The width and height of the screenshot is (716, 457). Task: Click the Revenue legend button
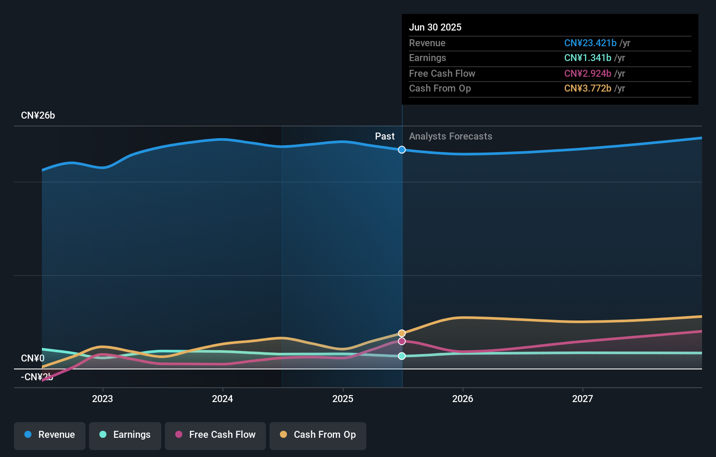(50, 435)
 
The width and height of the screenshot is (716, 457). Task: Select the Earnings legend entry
(125, 435)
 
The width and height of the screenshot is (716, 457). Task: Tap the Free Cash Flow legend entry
(215, 435)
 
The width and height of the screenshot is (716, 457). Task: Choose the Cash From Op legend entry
(318, 435)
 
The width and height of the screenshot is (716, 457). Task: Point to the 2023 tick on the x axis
(102, 399)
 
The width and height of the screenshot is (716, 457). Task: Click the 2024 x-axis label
(222, 399)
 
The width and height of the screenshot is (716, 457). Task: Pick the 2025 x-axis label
(343, 399)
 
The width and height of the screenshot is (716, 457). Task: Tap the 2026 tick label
(463, 399)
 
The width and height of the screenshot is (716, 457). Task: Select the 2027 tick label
(583, 399)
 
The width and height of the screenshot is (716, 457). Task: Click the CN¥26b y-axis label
(38, 116)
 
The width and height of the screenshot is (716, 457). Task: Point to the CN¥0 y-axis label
(33, 358)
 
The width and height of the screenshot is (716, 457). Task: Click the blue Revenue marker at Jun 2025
(402, 150)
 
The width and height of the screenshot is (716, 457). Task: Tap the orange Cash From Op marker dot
(402, 333)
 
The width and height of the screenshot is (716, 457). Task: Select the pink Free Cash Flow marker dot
(402, 341)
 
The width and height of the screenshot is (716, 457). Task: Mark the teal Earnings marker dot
(402, 356)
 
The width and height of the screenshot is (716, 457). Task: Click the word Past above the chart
(385, 136)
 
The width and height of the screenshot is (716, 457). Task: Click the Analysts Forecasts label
(450, 136)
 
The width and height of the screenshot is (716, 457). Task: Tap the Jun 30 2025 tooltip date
(435, 27)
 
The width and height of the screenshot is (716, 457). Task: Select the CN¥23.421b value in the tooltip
(590, 43)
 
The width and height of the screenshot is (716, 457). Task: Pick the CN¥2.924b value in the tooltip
(587, 74)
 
